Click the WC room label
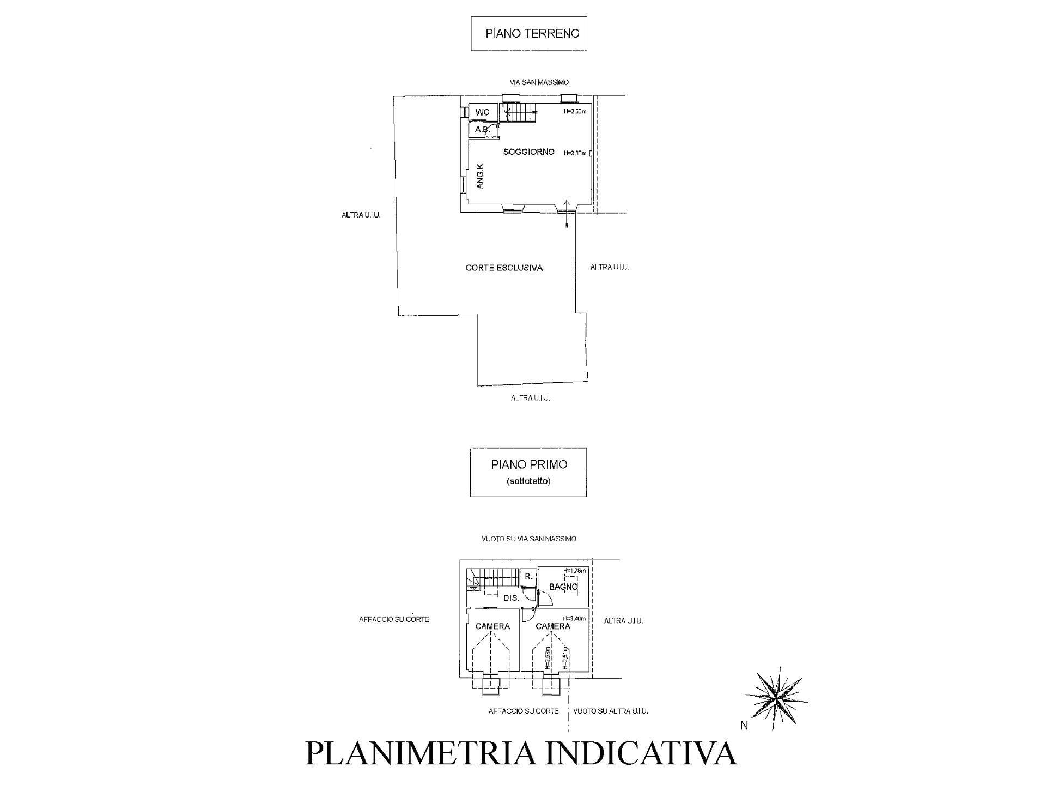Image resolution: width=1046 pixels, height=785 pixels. coord(482,112)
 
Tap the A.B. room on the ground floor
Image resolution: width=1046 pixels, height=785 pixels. coord(482,130)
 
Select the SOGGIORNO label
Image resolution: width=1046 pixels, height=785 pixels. coord(528,152)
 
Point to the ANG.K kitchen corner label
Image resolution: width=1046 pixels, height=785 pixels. coord(480,176)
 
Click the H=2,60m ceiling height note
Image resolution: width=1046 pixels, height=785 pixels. coord(575,112)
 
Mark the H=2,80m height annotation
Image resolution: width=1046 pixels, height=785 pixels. coord(575,153)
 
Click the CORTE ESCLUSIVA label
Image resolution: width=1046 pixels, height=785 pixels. coord(504,268)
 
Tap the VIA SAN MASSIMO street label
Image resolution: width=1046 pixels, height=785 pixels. coord(535,82)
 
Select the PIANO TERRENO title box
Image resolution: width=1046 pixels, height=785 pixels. coord(528,34)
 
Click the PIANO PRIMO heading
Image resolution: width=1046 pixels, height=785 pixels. coord(528,465)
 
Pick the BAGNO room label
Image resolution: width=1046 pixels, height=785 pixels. coord(563,587)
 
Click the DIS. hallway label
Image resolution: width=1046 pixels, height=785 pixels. coord(511,598)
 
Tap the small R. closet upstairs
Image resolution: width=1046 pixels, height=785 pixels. coord(528,576)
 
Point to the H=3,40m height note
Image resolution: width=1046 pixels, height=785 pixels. coord(575,618)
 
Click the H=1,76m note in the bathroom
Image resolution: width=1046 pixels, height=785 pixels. coord(575,571)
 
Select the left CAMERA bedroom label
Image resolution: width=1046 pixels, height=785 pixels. coord(492,626)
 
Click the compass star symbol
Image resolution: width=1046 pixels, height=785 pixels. coord(776,698)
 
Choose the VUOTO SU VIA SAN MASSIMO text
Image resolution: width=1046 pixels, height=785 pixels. coord(528,539)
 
